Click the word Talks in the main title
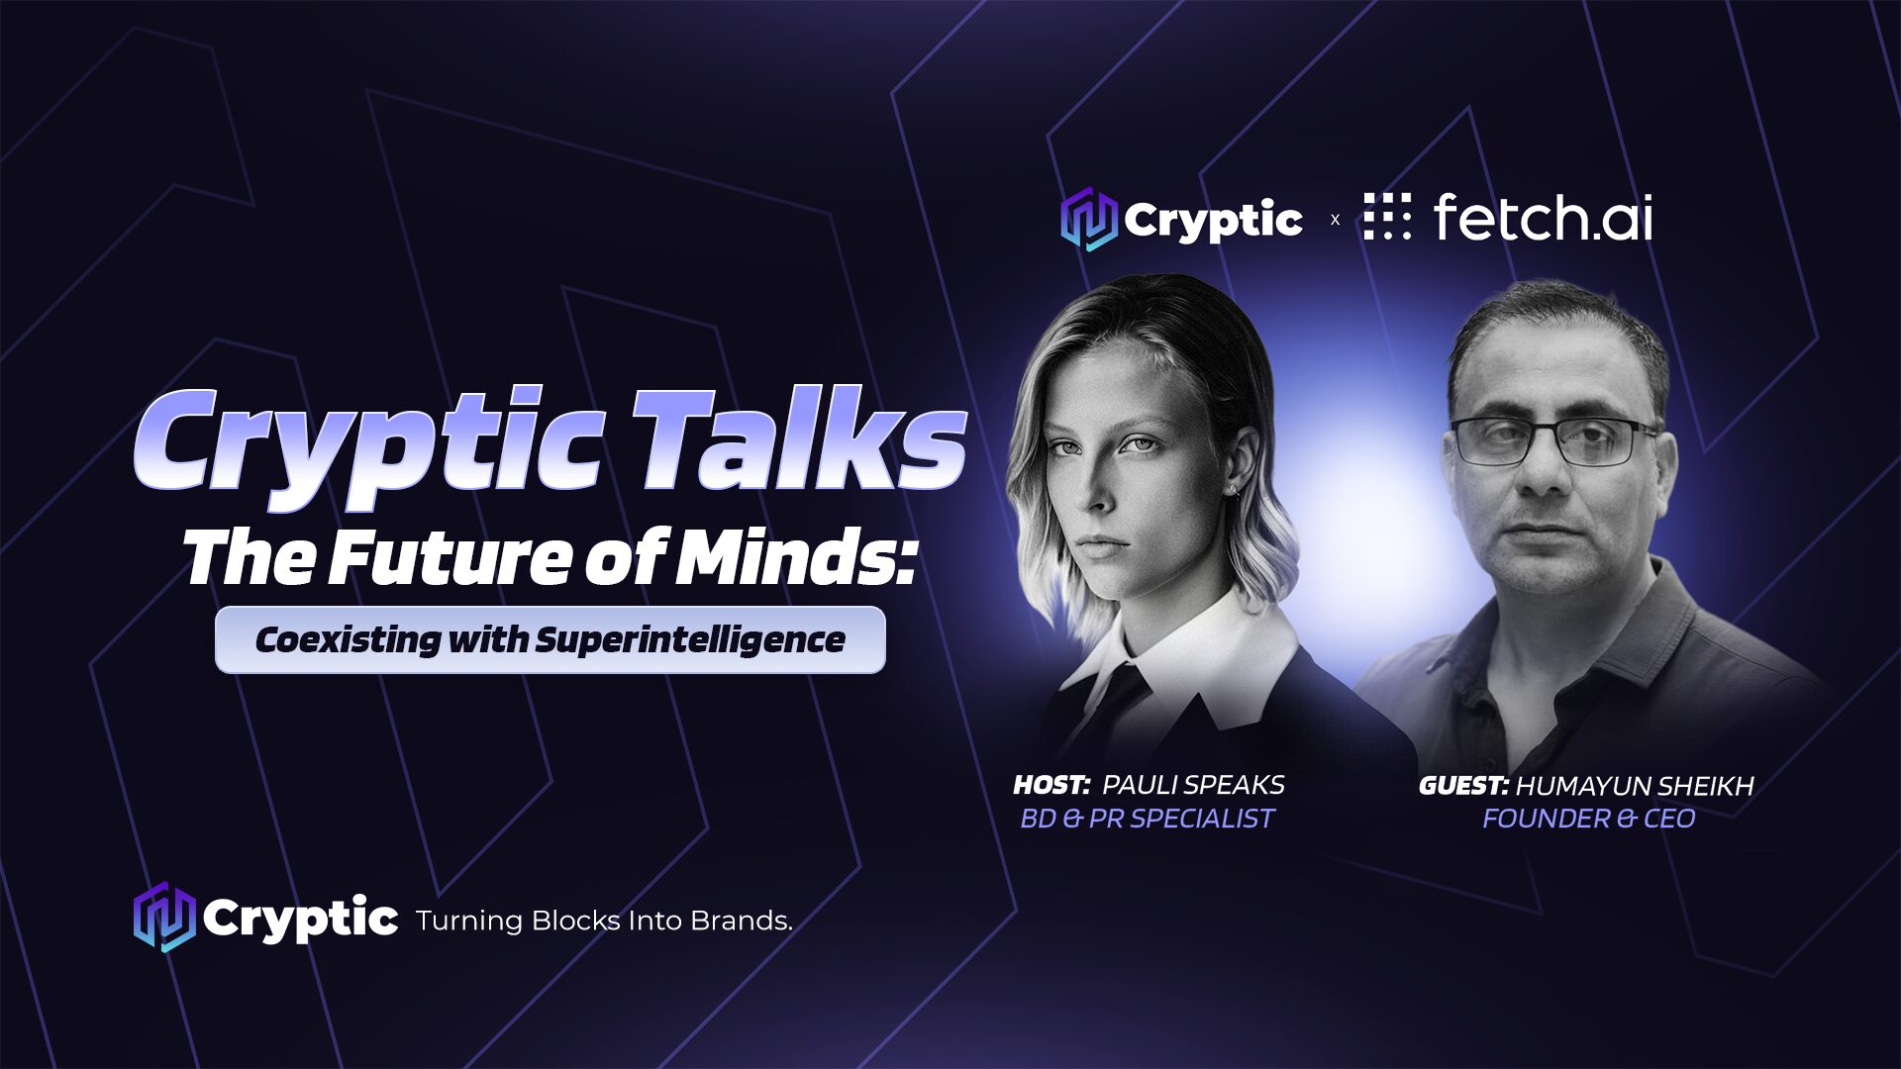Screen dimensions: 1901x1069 click(798, 440)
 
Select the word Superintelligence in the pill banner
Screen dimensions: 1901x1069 click(690, 640)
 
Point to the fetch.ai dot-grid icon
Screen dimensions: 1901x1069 click(1387, 217)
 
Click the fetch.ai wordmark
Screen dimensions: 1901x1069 click(1543, 217)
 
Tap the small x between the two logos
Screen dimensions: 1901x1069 click(1335, 220)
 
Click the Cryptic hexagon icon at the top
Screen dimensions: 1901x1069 click(1089, 219)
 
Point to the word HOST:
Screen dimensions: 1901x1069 click(1051, 785)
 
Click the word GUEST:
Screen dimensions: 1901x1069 click(1463, 786)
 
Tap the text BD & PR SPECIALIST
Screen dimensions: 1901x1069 click(1148, 819)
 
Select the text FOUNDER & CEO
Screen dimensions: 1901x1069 click(1589, 819)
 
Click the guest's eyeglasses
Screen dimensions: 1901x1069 click(1554, 440)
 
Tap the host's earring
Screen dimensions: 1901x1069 click(1232, 490)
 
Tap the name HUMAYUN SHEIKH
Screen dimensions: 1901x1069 click(1635, 786)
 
